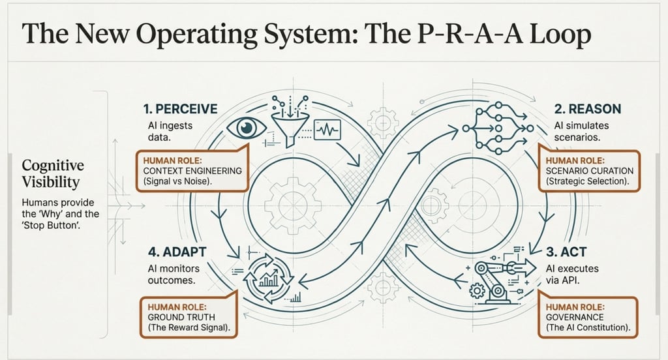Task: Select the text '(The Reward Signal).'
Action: point(190,328)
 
